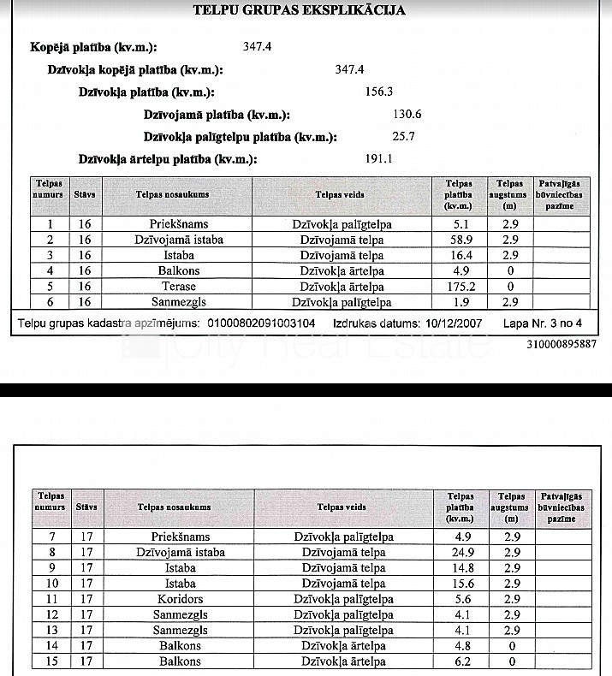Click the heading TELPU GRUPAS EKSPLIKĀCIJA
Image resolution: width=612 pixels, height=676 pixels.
(300, 11)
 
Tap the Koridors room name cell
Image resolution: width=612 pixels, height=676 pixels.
(181, 599)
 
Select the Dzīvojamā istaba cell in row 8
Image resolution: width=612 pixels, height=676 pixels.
(181, 552)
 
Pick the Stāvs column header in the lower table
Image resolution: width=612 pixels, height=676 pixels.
(86, 507)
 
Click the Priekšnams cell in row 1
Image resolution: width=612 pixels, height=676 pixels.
(179, 224)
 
